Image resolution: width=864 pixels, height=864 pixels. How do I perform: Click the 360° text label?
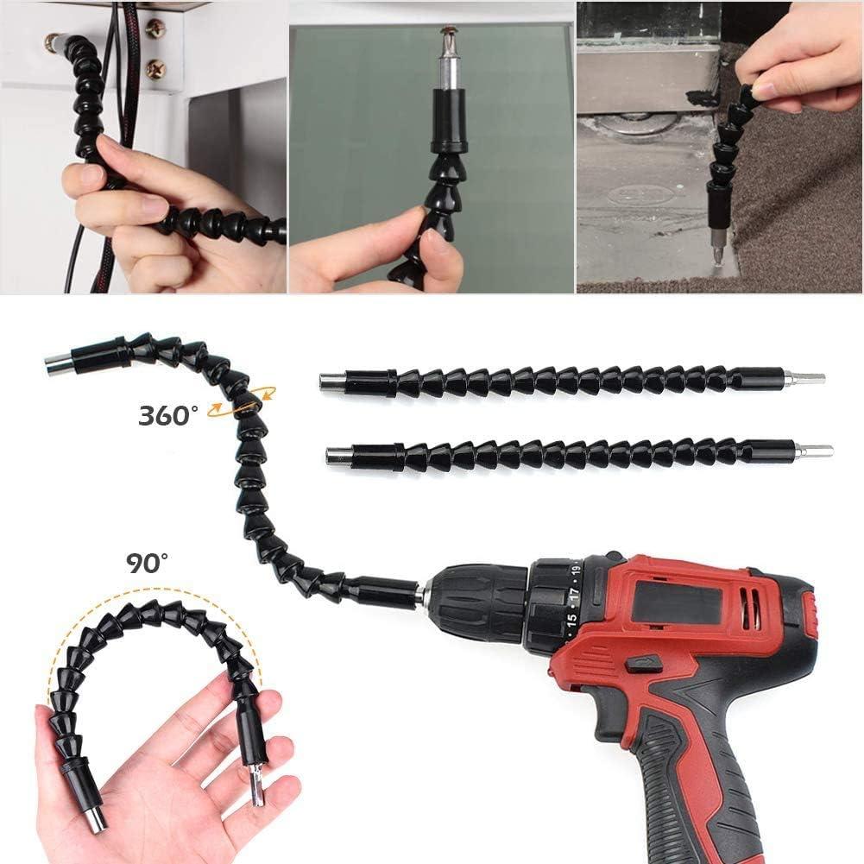169,415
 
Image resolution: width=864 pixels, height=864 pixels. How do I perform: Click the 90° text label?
148,564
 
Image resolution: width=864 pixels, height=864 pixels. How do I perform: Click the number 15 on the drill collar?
571,619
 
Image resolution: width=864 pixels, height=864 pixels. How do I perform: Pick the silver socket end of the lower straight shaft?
338,455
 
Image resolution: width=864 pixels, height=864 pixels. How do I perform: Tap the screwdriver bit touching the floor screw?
715,253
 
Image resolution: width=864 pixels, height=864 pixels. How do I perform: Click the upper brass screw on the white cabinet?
156,28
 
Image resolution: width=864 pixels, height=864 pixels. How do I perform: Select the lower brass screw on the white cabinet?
156,69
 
